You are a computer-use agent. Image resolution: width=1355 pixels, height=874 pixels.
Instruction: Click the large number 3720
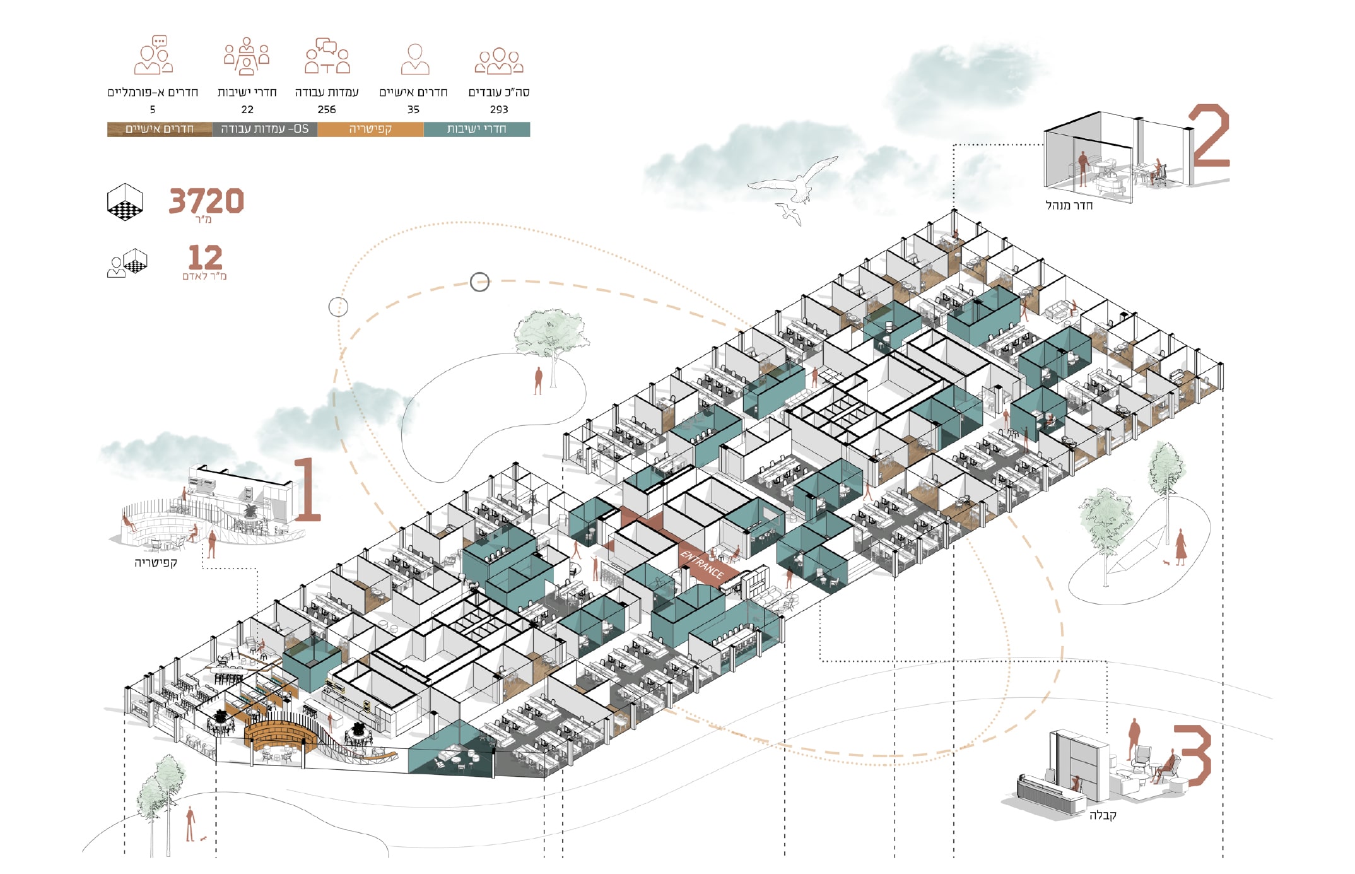point(206,201)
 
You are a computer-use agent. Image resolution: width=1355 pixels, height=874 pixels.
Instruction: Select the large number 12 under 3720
point(205,257)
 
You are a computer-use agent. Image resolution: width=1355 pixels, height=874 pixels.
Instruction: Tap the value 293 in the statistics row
point(498,109)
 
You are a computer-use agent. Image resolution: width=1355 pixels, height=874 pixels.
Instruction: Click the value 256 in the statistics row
point(326,109)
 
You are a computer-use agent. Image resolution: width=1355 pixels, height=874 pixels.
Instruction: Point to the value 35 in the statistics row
point(413,109)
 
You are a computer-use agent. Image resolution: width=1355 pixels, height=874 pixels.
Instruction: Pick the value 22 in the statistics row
point(247,109)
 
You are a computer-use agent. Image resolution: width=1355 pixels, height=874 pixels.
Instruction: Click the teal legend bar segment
point(477,129)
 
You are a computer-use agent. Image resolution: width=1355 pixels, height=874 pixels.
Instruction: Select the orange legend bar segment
point(370,129)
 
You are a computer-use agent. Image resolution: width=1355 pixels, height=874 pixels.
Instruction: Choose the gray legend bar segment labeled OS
point(265,129)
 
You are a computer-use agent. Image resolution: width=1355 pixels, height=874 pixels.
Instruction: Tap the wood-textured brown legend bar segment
point(160,129)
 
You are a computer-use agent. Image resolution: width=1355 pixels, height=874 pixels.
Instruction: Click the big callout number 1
point(307,490)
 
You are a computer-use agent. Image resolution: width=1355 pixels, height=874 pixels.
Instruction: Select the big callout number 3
point(1192,755)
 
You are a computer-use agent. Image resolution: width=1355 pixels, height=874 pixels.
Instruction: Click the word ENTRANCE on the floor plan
point(701,565)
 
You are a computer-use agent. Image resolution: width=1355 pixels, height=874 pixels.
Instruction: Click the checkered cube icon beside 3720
point(125,202)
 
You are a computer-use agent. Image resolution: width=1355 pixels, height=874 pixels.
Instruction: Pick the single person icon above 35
point(414,59)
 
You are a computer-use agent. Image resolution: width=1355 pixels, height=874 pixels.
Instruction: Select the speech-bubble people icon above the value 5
point(153,56)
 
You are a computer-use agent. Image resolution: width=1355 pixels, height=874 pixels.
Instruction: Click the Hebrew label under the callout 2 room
point(1069,205)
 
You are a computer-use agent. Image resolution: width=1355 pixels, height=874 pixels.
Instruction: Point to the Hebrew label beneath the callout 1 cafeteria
point(155,562)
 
